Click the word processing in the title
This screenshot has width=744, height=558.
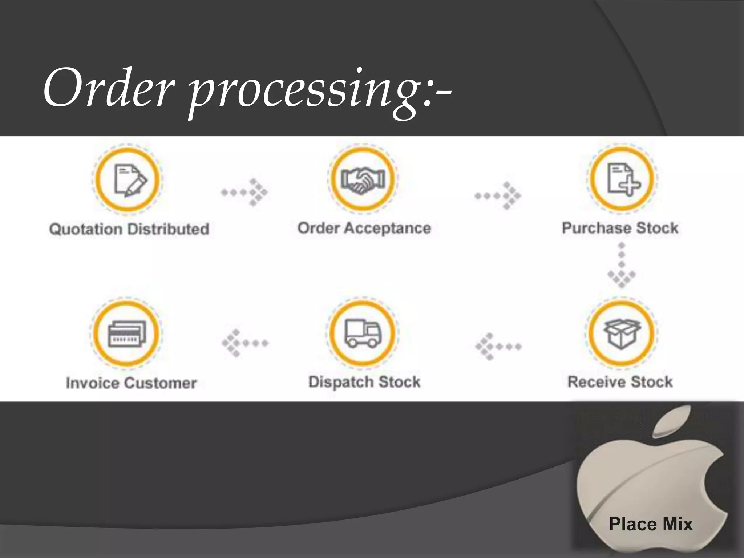(x=305, y=91)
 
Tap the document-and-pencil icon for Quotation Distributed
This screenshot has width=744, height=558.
(x=128, y=180)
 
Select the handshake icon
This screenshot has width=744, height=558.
(x=363, y=179)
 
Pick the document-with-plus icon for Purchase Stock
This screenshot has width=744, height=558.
(x=622, y=179)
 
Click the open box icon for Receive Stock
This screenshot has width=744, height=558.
(x=622, y=333)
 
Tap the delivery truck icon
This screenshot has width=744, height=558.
(x=363, y=333)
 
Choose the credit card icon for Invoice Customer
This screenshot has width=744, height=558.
(x=126, y=333)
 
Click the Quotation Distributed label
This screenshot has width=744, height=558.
(x=129, y=229)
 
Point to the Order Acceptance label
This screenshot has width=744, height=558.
(x=364, y=228)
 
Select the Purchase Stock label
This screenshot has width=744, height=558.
(x=620, y=228)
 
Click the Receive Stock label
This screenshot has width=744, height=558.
(x=620, y=382)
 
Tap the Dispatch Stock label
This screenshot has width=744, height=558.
(x=364, y=382)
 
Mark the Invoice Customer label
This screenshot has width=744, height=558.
(x=131, y=383)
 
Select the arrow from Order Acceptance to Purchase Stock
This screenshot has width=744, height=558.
(x=498, y=196)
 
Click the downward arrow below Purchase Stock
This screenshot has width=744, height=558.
(x=622, y=265)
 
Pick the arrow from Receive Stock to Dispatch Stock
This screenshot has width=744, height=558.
(x=498, y=347)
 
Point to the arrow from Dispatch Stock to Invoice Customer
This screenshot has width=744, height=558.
(x=245, y=343)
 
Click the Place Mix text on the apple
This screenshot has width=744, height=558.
(x=651, y=524)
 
